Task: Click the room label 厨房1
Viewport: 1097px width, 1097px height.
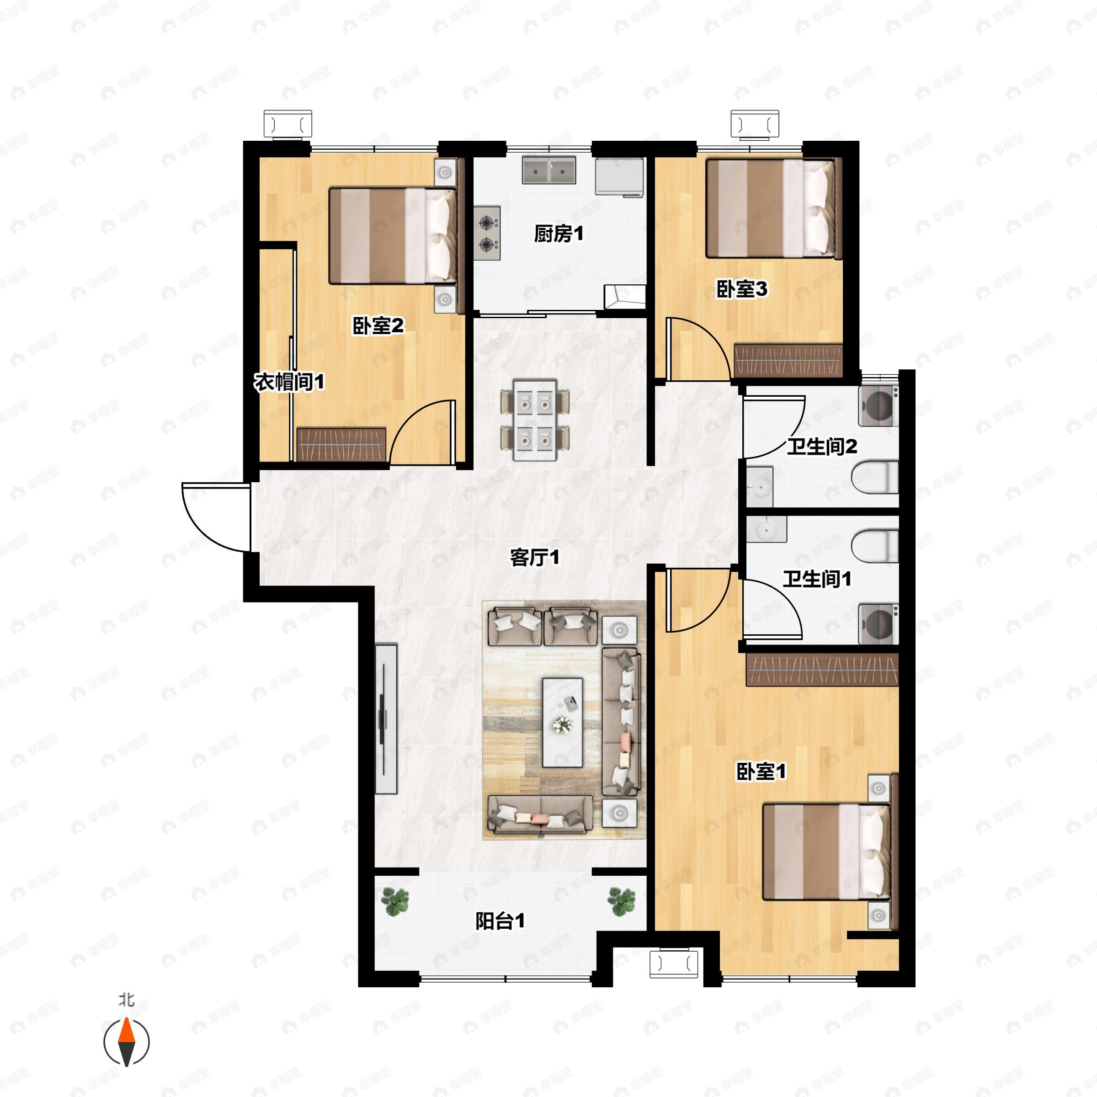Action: coord(559,234)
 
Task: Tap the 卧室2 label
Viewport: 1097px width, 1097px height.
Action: coord(378,326)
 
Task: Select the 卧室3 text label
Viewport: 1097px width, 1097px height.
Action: coord(741,290)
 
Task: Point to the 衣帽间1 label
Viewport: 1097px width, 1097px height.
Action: coord(289,382)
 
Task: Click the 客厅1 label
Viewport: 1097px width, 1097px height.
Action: coord(535,558)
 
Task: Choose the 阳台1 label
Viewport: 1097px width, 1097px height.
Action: coord(500,921)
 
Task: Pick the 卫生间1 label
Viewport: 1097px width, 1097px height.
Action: coord(818,579)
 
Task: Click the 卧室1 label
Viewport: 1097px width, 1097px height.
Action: coord(762,772)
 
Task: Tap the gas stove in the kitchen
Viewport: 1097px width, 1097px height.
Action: coord(487,234)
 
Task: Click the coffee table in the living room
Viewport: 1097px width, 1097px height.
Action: coord(562,722)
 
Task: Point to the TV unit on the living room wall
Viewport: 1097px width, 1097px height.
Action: coord(386,718)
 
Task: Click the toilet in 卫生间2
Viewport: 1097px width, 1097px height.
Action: coord(875,477)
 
